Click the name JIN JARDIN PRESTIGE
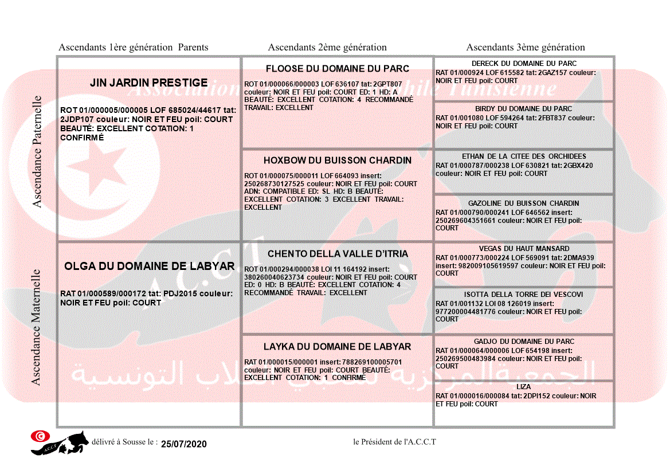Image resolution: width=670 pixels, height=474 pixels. click(x=148, y=83)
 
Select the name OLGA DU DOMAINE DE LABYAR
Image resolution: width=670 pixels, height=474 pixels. click(x=149, y=267)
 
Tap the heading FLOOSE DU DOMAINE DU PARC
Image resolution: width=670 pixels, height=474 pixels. click(x=337, y=69)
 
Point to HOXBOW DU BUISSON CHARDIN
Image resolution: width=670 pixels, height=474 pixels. click(x=338, y=160)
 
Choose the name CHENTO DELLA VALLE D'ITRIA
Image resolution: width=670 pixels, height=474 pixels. click(x=338, y=254)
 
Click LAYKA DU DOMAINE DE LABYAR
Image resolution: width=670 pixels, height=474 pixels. click(x=337, y=347)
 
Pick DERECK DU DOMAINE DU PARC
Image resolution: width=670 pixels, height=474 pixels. click(x=524, y=63)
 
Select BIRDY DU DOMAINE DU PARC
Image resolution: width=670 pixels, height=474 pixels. click(x=523, y=109)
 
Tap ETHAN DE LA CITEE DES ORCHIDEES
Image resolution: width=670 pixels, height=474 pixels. click(x=524, y=156)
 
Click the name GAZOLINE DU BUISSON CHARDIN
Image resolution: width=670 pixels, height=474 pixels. click(x=523, y=203)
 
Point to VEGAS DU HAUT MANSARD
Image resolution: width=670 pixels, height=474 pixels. click(x=524, y=249)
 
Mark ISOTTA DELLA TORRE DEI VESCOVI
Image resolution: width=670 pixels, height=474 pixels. click(x=523, y=295)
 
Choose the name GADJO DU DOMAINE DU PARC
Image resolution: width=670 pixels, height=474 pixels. click(x=524, y=342)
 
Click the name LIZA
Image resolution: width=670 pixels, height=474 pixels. click(x=523, y=387)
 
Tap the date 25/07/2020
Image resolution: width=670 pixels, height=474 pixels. click(x=183, y=444)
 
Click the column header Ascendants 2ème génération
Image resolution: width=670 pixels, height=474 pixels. click(x=327, y=48)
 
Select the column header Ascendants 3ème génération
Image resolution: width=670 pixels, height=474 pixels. click(x=526, y=48)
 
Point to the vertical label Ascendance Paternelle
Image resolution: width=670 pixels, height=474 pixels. click(x=37, y=151)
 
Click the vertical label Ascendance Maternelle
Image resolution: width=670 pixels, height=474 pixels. click(x=36, y=327)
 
